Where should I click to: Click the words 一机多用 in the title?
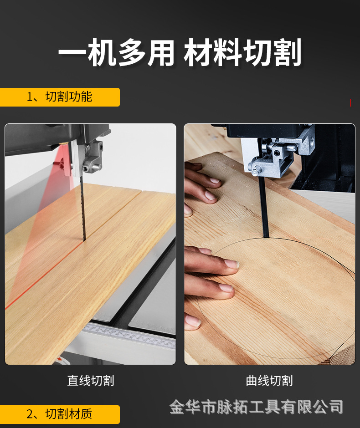(x=116, y=53)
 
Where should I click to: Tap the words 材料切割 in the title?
(x=242, y=53)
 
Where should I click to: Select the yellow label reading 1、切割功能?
(x=59, y=97)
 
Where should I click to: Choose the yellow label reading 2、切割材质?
(x=59, y=414)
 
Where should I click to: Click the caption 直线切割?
(x=91, y=381)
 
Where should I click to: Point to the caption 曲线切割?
(x=269, y=381)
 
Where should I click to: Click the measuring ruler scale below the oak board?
(x=132, y=336)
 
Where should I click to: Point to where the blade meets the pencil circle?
(x=265, y=238)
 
